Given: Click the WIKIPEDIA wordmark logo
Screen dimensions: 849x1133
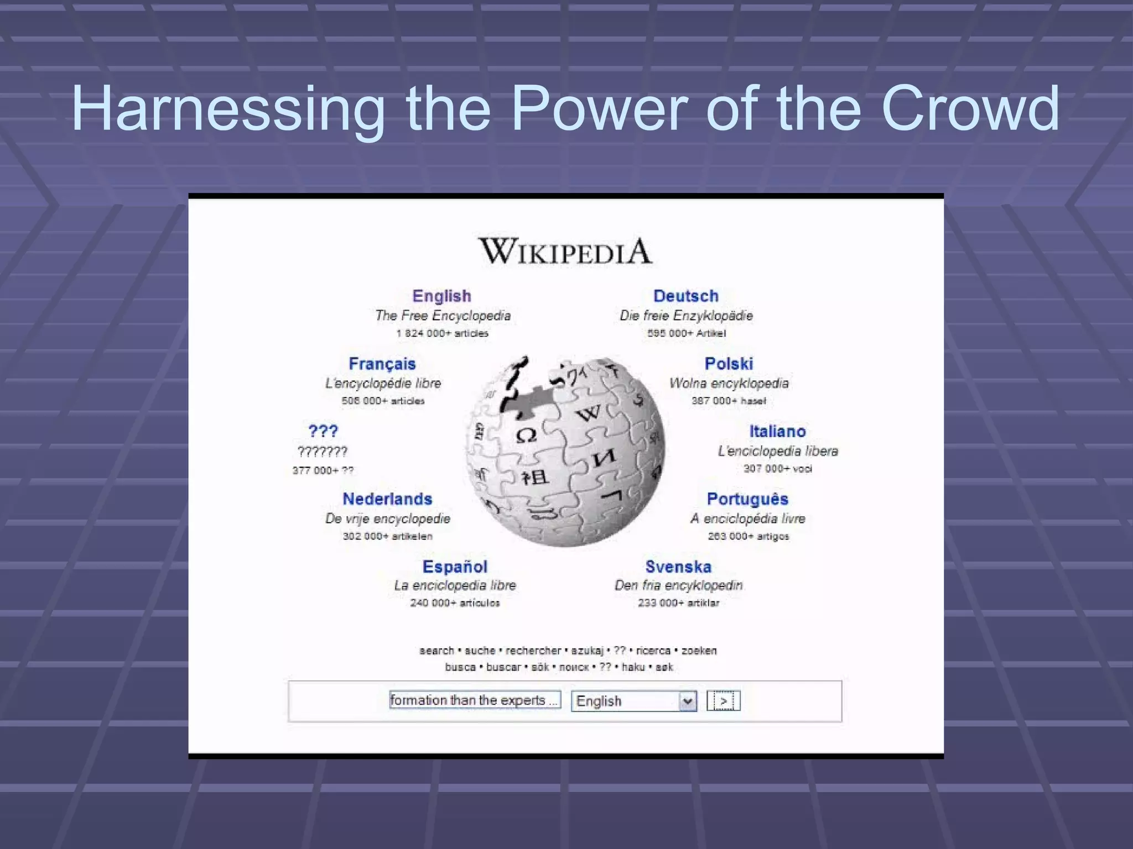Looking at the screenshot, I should (565, 251).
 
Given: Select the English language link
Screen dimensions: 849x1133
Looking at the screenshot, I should (441, 296).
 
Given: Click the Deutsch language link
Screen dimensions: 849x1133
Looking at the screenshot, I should (685, 296).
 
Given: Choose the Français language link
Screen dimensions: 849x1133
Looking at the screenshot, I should (382, 364).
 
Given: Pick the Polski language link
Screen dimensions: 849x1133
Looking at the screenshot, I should (729, 364).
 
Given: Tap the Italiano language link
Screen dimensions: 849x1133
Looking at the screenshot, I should (777, 431).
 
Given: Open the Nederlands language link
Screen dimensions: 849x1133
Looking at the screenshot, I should (387, 499).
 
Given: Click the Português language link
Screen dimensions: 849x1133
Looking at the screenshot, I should (747, 499).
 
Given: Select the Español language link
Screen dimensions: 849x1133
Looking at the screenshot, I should (455, 567).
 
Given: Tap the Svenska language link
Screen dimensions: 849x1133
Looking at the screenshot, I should (678, 567).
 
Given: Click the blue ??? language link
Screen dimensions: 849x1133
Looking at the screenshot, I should (323, 431).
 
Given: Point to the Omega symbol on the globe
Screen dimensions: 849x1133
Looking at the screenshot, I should (526, 436).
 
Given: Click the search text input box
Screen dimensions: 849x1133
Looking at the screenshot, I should (475, 700).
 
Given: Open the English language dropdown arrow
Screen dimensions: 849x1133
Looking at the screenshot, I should (687, 701).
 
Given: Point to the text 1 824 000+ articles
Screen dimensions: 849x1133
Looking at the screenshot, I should (442, 333).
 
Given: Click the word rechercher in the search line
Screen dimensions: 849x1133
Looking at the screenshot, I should (533, 651).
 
